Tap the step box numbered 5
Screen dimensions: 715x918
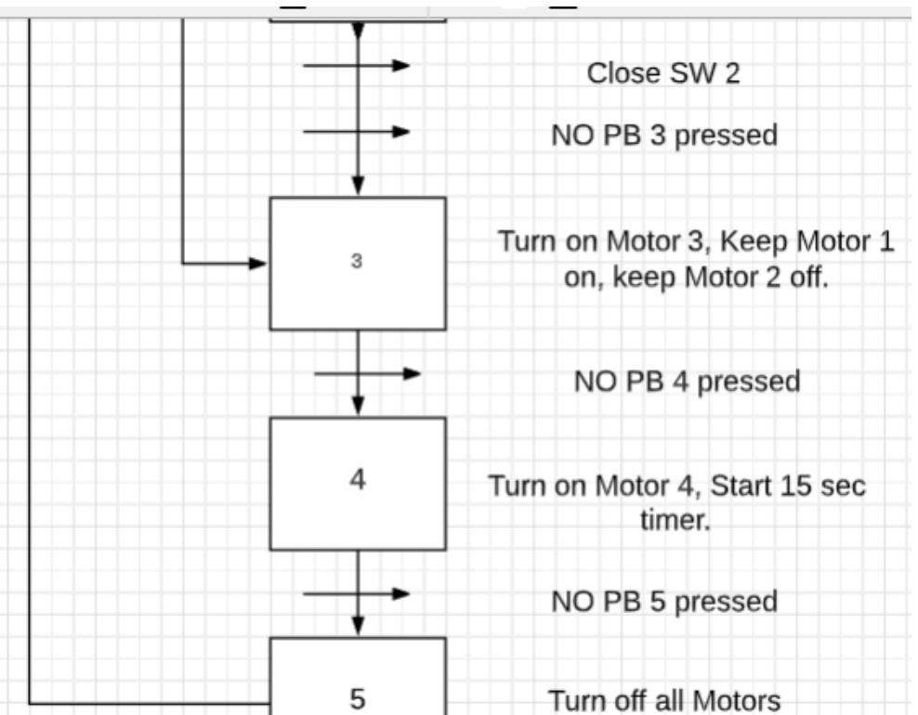pyautogui.click(x=357, y=682)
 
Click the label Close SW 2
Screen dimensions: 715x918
pyautogui.click(x=663, y=73)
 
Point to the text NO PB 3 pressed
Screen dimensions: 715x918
pyautogui.click(x=664, y=135)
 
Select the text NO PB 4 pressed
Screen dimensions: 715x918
pyautogui.click(x=688, y=380)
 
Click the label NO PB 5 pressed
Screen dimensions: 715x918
pyautogui.click(x=664, y=601)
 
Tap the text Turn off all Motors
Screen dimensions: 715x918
pyautogui.click(x=663, y=700)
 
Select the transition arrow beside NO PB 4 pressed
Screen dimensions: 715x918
pyautogui.click(x=366, y=373)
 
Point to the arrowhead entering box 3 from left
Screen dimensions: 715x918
pyautogui.click(x=258, y=264)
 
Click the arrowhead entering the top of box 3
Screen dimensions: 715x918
pyautogui.click(x=358, y=188)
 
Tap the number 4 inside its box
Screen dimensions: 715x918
pyautogui.click(x=358, y=480)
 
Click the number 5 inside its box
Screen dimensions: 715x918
pyautogui.click(x=358, y=699)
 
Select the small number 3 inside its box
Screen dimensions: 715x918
pyautogui.click(x=357, y=262)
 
